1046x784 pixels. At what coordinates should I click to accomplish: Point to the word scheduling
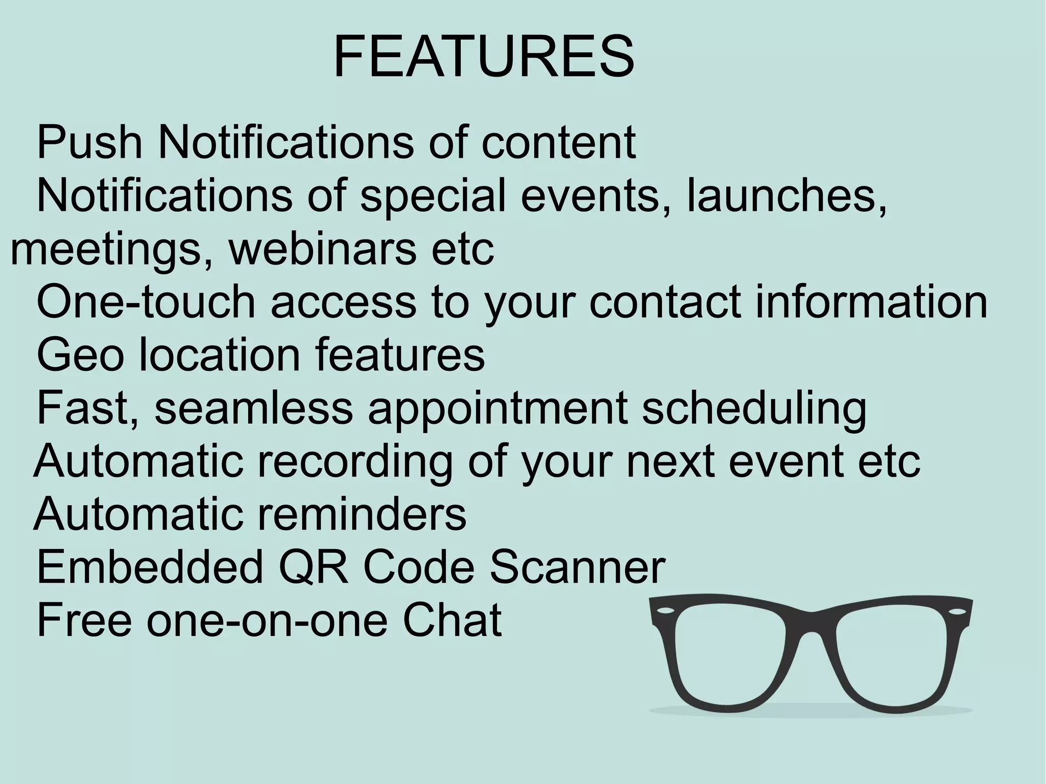click(754, 410)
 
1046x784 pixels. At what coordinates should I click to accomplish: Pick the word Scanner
click(578, 568)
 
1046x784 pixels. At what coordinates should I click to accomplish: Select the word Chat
click(452, 621)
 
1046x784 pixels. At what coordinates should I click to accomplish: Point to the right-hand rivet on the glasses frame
click(957, 611)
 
